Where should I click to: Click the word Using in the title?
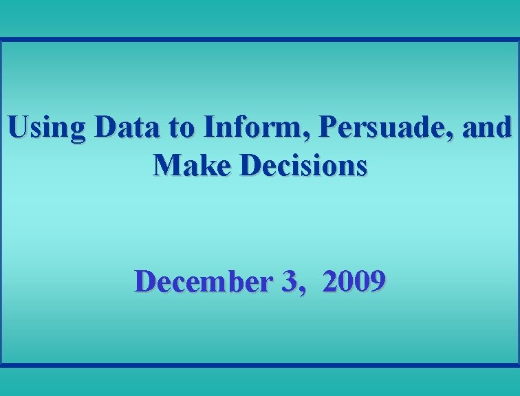[x=47, y=128]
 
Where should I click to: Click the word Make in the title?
[x=186, y=165]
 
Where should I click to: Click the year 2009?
[x=353, y=281]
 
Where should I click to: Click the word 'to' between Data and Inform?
[x=180, y=128]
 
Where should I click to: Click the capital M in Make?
[x=166, y=165]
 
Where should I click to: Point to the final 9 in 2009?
[x=377, y=282]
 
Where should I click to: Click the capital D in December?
[x=146, y=281]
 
